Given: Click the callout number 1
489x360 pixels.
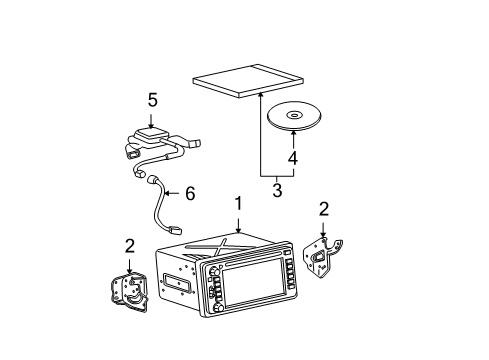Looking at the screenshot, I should [237, 203].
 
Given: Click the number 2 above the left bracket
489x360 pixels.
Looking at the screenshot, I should [129, 246].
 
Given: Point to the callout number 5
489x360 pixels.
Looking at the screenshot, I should [153, 101].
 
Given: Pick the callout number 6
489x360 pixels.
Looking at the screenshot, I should [190, 194].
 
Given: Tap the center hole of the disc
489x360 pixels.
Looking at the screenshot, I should [293, 116].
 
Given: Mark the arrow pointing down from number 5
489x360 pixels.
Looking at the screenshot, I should [153, 120].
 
